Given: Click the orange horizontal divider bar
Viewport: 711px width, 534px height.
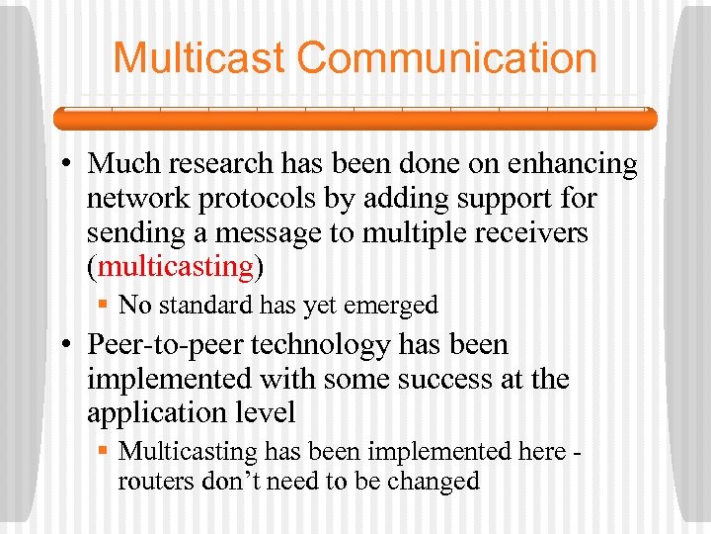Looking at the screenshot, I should (355, 119).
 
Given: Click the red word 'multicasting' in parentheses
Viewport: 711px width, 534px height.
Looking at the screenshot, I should (176, 267).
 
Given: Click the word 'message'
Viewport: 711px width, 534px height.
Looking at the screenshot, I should (265, 232).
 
